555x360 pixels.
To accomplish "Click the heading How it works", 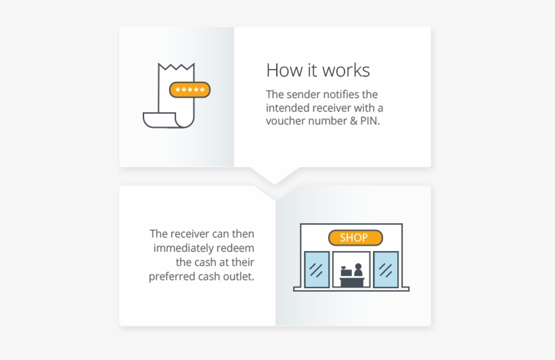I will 318,70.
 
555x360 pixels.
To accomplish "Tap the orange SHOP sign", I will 355,238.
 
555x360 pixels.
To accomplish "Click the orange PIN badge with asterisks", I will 190,90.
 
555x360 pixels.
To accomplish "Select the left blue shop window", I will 316,269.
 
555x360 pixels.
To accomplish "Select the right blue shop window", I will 386,269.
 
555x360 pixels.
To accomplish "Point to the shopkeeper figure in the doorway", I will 358,270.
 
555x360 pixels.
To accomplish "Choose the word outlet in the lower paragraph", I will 240,276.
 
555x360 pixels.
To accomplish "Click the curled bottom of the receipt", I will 161,120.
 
